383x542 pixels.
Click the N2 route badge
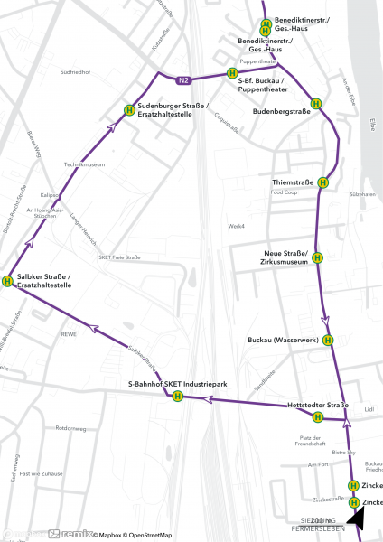[184, 81]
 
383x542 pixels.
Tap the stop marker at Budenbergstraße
[316, 104]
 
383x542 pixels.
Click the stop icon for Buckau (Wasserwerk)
[328, 341]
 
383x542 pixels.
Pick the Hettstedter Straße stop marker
[318, 416]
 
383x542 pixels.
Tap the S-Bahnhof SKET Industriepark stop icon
[178, 396]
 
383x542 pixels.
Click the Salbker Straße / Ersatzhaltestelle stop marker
[8, 281]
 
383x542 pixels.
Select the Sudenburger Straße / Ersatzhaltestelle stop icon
[129, 111]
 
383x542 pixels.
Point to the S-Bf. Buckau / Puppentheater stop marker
[232, 73]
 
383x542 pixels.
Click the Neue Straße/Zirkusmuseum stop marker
[318, 261]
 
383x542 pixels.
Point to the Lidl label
[369, 409]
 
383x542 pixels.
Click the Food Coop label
[284, 192]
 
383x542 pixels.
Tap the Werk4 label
[237, 226]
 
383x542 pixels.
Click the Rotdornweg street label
[70, 428]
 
